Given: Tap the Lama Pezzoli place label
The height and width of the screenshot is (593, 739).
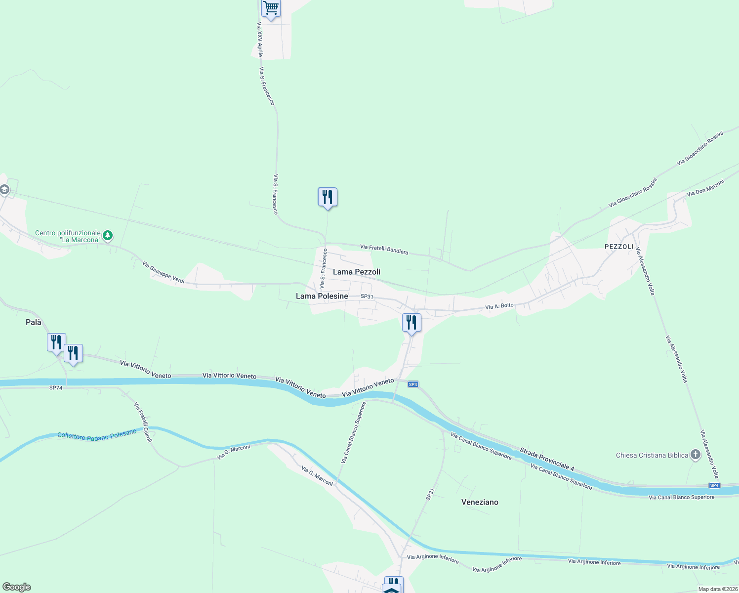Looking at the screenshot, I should click(357, 272).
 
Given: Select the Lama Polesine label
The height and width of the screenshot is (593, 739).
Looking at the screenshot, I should click(322, 296).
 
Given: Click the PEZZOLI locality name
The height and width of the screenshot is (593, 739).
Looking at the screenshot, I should click(619, 246).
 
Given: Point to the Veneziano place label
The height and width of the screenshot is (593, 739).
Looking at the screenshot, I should click(480, 502).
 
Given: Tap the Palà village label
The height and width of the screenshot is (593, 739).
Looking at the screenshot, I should click(34, 322).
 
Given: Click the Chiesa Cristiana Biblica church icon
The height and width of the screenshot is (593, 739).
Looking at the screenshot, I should click(696, 455).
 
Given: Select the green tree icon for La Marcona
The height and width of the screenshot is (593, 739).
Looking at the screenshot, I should click(108, 235).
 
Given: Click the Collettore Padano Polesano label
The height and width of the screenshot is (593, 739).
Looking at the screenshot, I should click(97, 435).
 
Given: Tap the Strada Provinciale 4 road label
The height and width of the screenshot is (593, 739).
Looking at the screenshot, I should click(547, 459).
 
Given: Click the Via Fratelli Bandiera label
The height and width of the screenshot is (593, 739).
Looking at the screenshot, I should click(384, 250).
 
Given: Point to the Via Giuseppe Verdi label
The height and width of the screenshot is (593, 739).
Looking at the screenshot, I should click(163, 272).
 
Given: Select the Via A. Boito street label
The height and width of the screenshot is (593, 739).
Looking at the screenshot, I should click(499, 306).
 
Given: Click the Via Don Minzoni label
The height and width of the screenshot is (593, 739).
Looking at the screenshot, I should click(705, 188).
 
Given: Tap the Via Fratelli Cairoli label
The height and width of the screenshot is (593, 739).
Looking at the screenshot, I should click(143, 422).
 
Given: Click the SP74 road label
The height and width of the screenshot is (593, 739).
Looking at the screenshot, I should click(56, 388).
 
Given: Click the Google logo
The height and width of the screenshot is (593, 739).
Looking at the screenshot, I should click(16, 587).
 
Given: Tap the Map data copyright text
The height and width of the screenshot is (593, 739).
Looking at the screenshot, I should click(718, 589).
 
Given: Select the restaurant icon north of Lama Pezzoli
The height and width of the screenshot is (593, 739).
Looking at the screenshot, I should click(327, 197).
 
